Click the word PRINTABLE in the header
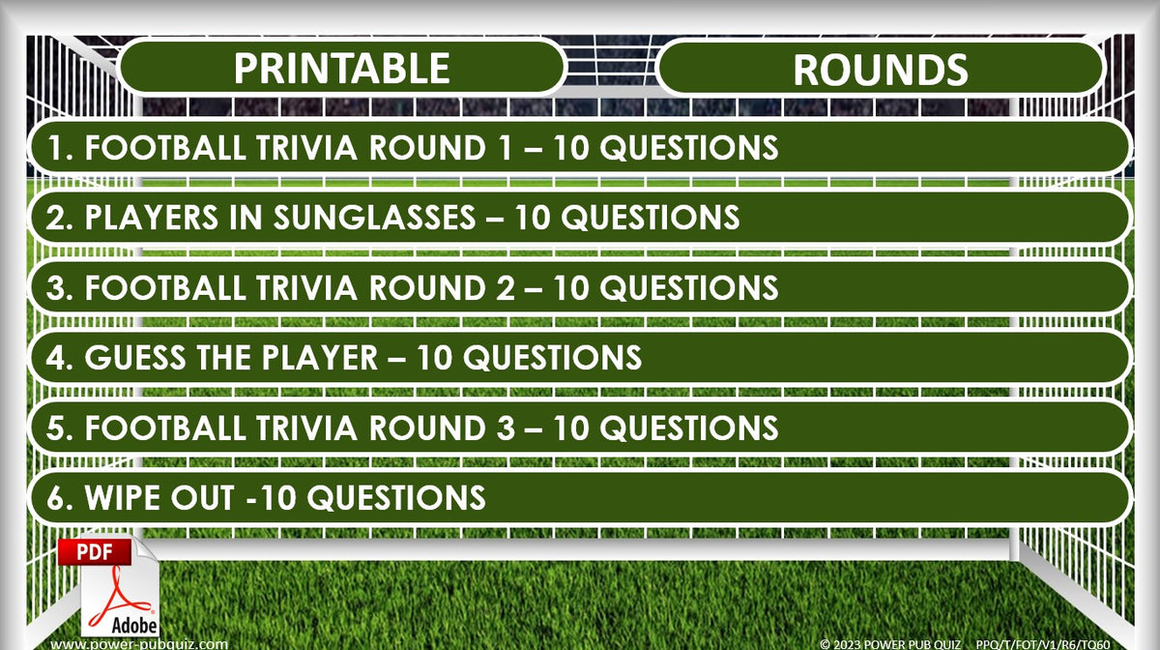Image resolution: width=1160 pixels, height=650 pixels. pyautogui.click(x=341, y=69)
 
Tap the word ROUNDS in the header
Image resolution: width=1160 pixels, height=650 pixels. pyautogui.click(x=880, y=70)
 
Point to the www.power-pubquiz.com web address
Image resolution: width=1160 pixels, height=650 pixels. pyautogui.click(x=140, y=643)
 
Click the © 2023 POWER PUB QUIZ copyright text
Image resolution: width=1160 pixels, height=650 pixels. pyautogui.click(x=889, y=643)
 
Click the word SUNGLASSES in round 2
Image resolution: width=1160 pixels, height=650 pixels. pyautogui.click(x=377, y=218)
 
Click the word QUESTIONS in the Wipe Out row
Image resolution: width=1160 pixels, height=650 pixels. pyautogui.click(x=401, y=498)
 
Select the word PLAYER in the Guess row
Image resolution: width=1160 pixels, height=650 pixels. pyautogui.click(x=314, y=358)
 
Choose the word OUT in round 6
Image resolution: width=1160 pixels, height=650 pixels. pyautogui.click(x=206, y=498)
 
